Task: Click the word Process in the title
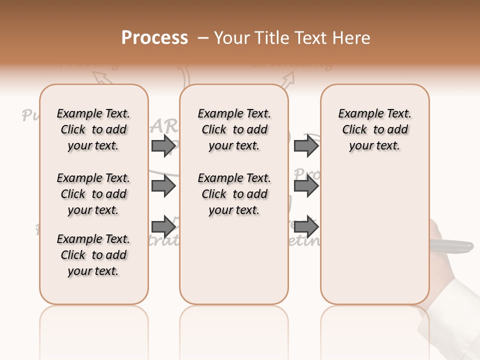(154, 38)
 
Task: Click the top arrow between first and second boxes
(164, 146)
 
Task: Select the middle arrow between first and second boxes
(164, 186)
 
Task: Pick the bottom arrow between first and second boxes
(164, 226)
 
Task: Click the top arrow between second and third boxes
(306, 146)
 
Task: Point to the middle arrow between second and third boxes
(306, 186)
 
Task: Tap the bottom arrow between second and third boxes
(306, 226)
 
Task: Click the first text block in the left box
(93, 129)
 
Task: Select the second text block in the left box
(93, 194)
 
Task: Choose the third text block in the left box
(93, 255)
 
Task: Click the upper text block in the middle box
(234, 129)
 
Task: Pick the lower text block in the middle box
(234, 194)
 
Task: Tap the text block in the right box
(374, 129)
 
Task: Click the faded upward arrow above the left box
(102, 77)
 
